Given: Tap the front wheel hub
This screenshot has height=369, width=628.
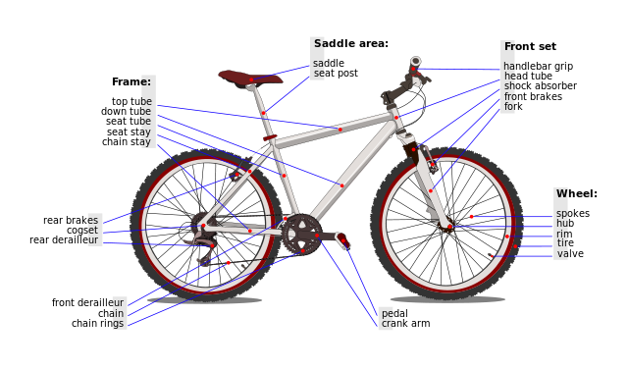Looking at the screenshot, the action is tap(449, 227).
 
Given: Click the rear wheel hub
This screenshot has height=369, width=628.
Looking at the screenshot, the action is tap(203, 226).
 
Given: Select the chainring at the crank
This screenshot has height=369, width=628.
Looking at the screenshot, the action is tap(299, 235).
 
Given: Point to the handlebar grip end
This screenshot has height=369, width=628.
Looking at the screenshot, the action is tap(416, 62).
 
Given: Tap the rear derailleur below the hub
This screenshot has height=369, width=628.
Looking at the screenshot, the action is tap(205, 257).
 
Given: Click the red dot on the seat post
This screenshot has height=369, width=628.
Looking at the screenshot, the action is tap(263, 113).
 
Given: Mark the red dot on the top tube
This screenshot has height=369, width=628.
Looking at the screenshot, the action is tap(340, 129).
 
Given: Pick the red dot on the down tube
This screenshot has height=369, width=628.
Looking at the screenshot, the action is tap(341, 185).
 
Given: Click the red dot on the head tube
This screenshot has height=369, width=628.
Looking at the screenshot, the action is tap(396, 118).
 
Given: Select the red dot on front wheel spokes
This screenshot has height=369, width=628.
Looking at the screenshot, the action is tap(471, 216).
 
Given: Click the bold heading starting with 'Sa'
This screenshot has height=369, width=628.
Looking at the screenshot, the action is tap(318, 44).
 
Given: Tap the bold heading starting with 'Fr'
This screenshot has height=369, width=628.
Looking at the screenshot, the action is tap(508, 47).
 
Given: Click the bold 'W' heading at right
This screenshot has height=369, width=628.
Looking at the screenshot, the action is tap(561, 194).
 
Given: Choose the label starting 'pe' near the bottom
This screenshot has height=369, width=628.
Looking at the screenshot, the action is tap(386, 314).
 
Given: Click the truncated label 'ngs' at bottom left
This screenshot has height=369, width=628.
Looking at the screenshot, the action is tap(118, 323).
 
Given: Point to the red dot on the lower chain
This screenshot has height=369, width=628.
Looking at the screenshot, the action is tap(229, 262).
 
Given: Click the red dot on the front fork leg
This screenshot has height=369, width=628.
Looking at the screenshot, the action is tap(430, 190).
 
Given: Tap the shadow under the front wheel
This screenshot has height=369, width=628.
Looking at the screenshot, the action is tap(447, 299).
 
